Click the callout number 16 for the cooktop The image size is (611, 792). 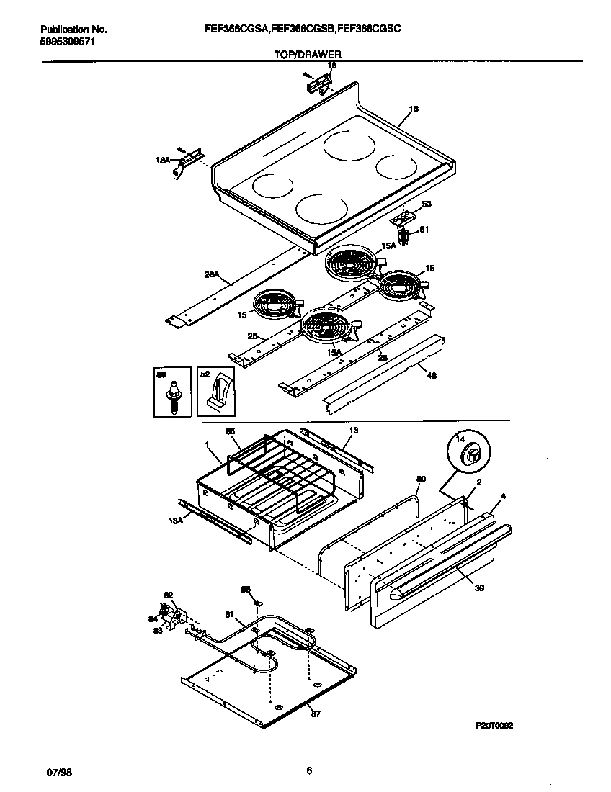(x=413, y=109)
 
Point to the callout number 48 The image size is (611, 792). (x=432, y=374)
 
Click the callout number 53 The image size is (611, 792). (x=427, y=204)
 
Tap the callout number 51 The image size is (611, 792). (x=424, y=230)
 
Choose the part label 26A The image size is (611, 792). (x=210, y=274)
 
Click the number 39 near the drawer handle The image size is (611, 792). (x=480, y=588)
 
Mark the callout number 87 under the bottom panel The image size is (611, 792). (x=314, y=713)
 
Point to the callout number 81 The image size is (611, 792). (x=230, y=613)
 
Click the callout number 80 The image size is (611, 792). (x=421, y=478)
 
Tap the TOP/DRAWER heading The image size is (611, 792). (x=308, y=54)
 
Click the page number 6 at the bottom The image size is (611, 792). (x=308, y=771)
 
